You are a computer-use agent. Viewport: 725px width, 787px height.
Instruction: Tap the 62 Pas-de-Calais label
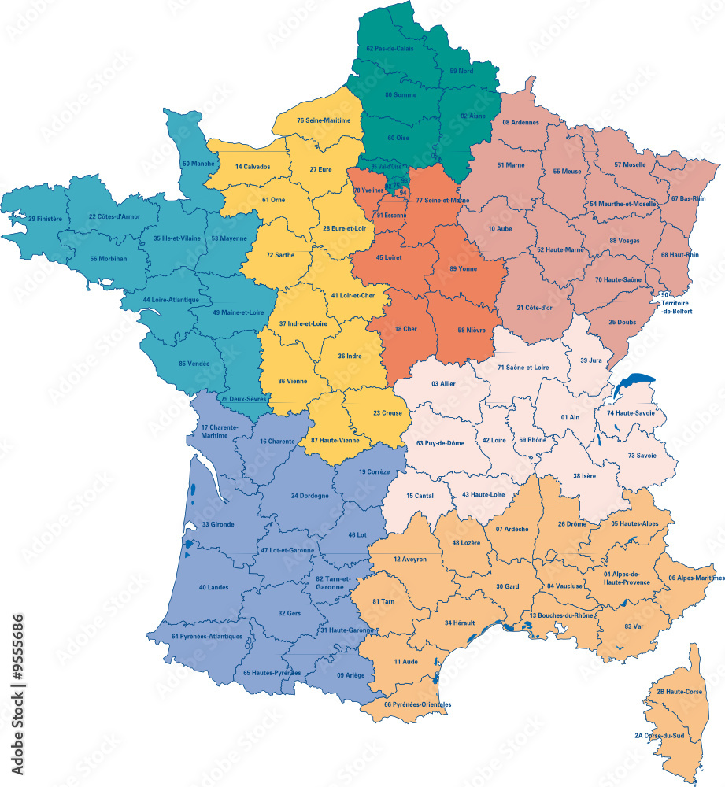(390, 49)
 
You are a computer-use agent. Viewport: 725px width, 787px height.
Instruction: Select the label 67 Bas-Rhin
(688, 198)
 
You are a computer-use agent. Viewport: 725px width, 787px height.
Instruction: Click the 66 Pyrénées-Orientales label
(418, 704)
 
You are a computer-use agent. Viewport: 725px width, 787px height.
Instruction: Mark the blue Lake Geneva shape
(634, 385)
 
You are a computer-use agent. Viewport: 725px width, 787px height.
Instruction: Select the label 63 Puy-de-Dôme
(442, 444)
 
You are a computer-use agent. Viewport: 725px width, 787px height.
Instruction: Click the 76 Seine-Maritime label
(329, 120)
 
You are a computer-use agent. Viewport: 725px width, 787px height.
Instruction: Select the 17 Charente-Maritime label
(214, 431)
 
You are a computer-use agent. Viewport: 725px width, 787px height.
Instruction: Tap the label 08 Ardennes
(521, 123)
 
